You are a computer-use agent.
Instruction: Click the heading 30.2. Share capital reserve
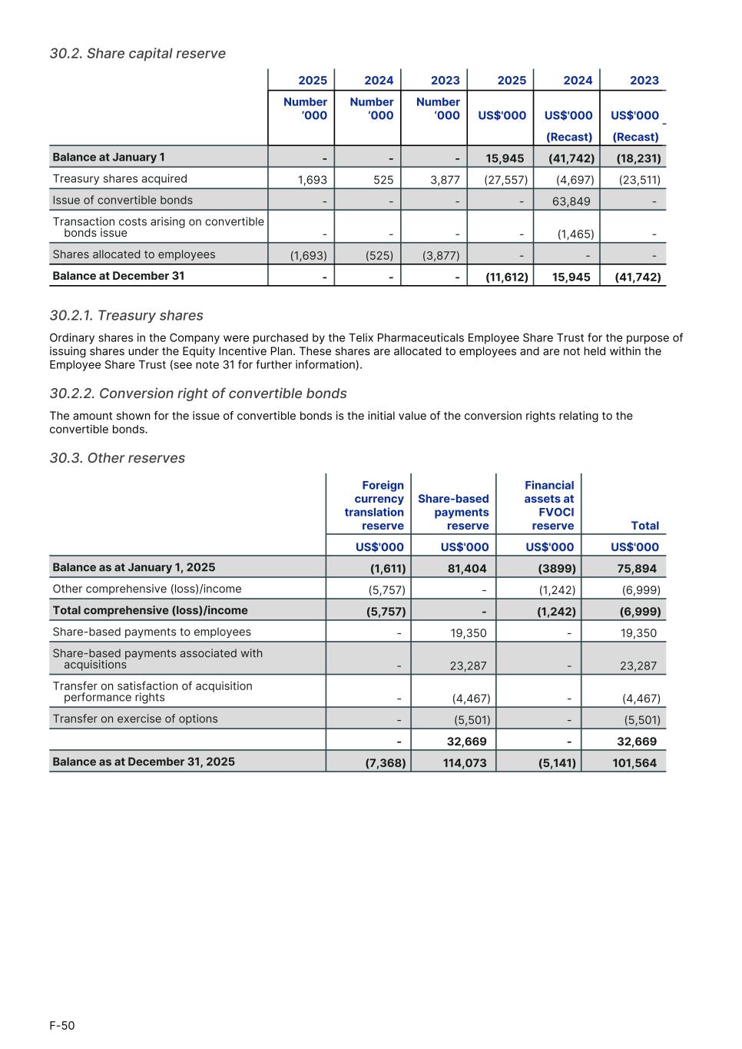click(x=137, y=53)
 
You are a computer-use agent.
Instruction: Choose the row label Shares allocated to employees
click(x=134, y=254)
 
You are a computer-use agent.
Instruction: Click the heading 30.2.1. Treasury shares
click(x=126, y=315)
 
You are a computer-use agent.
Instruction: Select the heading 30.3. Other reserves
click(x=117, y=458)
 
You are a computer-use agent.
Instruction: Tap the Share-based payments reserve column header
click(x=453, y=513)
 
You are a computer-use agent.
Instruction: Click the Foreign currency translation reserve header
click(x=374, y=506)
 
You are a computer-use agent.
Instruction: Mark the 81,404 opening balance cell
click(x=466, y=569)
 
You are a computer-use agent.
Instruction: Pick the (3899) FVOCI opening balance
click(x=557, y=569)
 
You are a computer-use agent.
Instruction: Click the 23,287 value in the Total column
click(x=638, y=666)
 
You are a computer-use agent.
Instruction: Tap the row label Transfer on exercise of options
click(x=135, y=719)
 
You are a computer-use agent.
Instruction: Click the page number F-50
click(x=62, y=1025)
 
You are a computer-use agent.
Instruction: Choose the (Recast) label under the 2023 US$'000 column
click(x=635, y=137)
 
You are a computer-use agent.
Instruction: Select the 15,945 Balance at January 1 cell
click(x=505, y=158)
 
